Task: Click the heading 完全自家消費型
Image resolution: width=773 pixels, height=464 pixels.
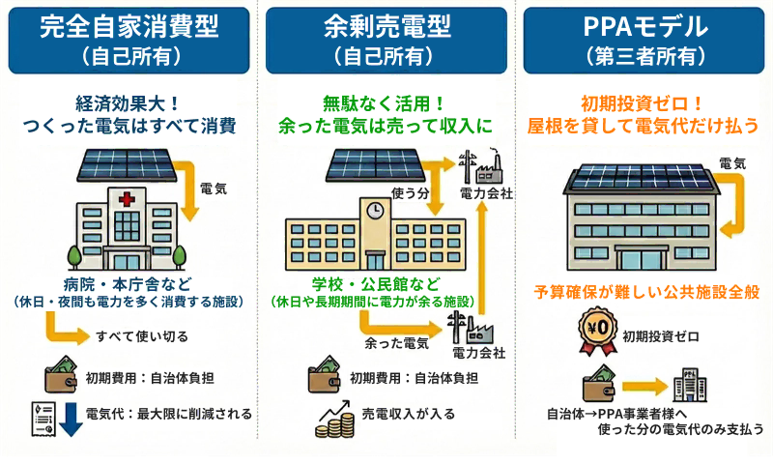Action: click(128, 26)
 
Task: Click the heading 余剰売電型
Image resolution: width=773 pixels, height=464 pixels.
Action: click(386, 26)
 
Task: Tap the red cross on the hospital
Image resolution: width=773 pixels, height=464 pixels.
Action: click(127, 199)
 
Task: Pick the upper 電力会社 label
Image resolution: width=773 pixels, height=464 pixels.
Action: click(486, 193)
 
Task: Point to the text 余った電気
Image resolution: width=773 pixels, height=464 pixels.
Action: click(396, 342)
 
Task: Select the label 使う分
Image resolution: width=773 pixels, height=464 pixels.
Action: click(410, 194)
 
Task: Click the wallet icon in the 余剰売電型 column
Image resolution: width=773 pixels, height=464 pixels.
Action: click(326, 376)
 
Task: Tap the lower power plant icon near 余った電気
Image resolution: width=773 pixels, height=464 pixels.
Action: click(468, 327)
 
